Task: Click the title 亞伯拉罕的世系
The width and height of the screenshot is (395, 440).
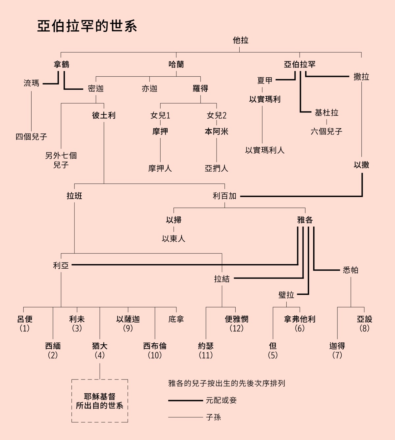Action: coord(87,26)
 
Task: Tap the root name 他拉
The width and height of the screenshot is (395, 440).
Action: coord(240,40)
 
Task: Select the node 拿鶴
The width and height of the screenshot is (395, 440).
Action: coord(62,64)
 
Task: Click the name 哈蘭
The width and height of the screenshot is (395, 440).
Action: coord(176,64)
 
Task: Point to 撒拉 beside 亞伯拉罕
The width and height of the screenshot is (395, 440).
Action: coord(361,77)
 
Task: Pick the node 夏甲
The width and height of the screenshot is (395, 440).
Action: coord(265,80)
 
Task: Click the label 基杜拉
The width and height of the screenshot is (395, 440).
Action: coord(326,113)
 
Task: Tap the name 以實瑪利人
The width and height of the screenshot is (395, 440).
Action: coord(265,150)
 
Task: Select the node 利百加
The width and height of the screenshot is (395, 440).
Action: coord(224,196)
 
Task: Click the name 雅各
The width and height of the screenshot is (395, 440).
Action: coord(305,220)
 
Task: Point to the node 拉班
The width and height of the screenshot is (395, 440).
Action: coord(74,196)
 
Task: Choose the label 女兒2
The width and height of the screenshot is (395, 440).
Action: coord(217,115)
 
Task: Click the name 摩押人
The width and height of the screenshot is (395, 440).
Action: coord(160,168)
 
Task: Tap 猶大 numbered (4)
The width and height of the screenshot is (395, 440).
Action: coord(100,346)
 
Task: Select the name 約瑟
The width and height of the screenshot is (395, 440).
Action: coord(206,346)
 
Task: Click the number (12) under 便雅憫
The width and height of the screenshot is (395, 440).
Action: coord(236,328)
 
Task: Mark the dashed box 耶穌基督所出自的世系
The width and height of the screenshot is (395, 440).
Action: coord(100,401)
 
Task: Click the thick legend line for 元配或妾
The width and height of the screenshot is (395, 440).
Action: coord(185,401)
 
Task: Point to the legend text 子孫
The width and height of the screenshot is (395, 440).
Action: coord(213,417)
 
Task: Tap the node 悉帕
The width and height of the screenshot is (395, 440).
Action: coord(351,270)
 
